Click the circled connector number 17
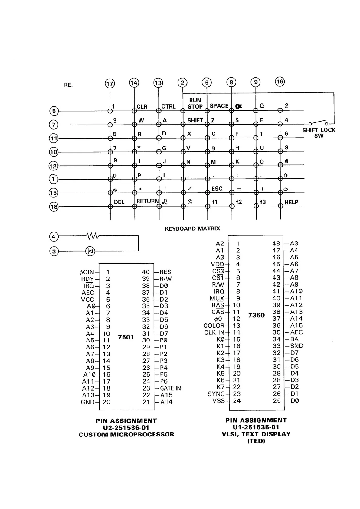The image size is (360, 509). tap(110, 84)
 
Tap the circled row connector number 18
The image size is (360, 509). tap(54, 207)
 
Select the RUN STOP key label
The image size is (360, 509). tap(195, 103)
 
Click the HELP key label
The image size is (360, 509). tap(291, 202)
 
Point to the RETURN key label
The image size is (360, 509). tap(147, 201)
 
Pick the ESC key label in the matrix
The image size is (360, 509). tap(217, 189)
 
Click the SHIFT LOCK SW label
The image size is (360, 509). tap(319, 133)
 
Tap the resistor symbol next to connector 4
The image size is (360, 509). tap(93, 236)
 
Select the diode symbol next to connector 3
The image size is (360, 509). tap(90, 251)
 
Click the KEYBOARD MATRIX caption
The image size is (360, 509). tap(192, 229)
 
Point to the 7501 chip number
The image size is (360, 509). tap(126, 337)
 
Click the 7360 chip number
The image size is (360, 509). tap(257, 315)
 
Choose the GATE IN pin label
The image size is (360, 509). tap(170, 388)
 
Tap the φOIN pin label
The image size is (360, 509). tap(87, 272)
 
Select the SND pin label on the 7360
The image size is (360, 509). tap(296, 346)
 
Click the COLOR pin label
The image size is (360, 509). tap(214, 326)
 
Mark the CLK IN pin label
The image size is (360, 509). tap(214, 333)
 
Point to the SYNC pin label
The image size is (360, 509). tap(216, 394)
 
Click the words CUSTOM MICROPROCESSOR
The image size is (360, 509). tap(126, 435)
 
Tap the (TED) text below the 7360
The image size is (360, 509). tap(256, 441)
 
